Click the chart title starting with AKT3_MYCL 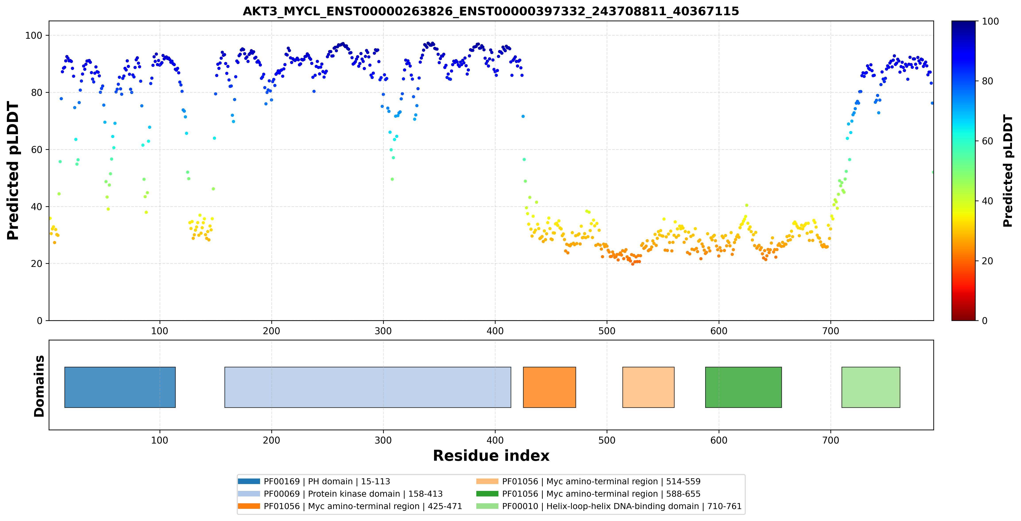tap(491, 11)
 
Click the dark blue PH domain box tap(120, 387)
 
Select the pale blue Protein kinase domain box tap(368, 387)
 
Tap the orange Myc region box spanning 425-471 tap(549, 387)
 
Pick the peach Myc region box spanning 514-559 tap(648, 387)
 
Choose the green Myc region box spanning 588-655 tap(743, 387)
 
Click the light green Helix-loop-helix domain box tap(871, 387)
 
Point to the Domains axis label tap(39, 386)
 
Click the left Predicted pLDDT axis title tap(13, 171)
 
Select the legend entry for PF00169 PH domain tap(314, 481)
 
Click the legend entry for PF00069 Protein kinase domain tap(340, 494)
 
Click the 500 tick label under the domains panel tap(607, 440)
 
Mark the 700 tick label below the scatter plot tap(830, 331)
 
